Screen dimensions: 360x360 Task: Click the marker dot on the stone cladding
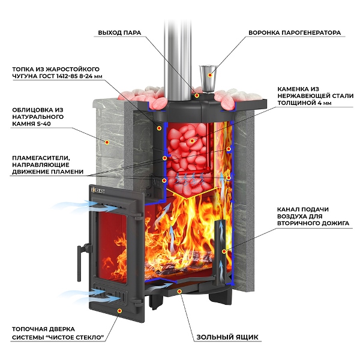coord(107,142)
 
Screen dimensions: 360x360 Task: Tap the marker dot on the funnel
coord(209,74)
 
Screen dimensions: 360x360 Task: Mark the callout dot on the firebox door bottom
coord(120,311)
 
